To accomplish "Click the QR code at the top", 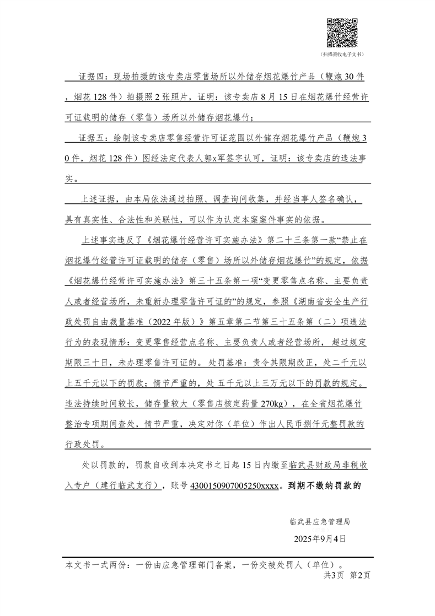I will click(342, 33).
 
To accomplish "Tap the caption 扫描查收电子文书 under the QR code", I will click(342, 55).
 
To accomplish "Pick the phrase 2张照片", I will click(169, 96).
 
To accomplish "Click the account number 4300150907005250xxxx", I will click(234, 485).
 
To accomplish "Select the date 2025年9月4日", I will click(320, 538).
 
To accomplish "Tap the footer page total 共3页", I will click(333, 574).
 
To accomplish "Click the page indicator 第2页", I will click(360, 574).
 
